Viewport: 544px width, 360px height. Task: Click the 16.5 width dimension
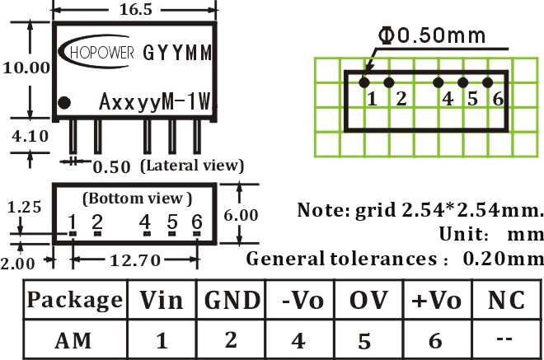point(136,9)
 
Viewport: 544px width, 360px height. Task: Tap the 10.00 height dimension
point(26,68)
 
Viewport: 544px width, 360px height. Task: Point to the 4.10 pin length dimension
point(30,136)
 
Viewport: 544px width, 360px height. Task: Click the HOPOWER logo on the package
point(96,52)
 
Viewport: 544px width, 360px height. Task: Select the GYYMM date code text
point(177,53)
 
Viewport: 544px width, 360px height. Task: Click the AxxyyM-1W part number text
point(155,102)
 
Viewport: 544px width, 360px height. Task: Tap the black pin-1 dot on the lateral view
point(64,103)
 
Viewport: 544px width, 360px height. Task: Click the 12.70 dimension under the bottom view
point(135,260)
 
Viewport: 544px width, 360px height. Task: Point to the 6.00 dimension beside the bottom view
point(241,215)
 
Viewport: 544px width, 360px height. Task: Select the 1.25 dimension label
point(24,207)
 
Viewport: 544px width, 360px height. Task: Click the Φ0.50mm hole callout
point(432,35)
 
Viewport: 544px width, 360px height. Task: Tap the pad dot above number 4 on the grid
point(438,82)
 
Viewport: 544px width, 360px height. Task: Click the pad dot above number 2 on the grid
point(389,82)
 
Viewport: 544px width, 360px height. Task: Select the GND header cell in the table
point(231,299)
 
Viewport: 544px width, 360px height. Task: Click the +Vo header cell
point(437,299)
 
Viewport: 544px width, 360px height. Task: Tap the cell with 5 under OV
point(368,339)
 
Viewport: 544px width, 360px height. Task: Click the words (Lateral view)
point(192,166)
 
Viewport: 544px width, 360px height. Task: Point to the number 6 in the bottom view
point(197,222)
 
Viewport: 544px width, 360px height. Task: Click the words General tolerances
point(341,259)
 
